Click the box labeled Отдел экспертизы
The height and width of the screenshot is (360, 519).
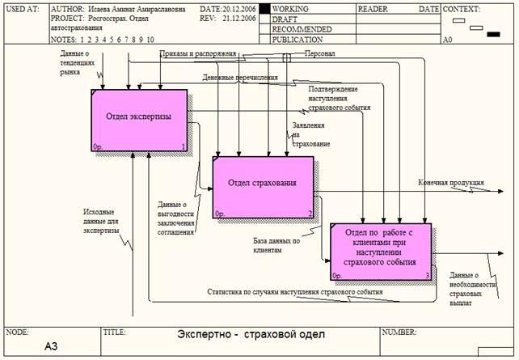pyautogui.click(x=139, y=119)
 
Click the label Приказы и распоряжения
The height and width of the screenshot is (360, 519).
pyautogui.click(x=198, y=54)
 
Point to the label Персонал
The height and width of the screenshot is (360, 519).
pyautogui.click(x=319, y=54)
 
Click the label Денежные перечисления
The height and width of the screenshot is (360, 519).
pyautogui.click(x=240, y=78)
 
